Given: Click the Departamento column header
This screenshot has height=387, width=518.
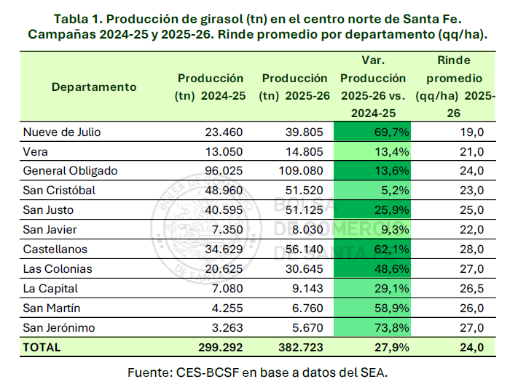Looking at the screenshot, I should pos(94,87).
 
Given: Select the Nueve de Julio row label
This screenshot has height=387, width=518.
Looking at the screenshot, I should pos(62,132).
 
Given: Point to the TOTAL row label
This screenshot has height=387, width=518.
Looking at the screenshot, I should pos(42,348).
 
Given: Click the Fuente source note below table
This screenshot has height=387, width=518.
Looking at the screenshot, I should pos(259,372).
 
